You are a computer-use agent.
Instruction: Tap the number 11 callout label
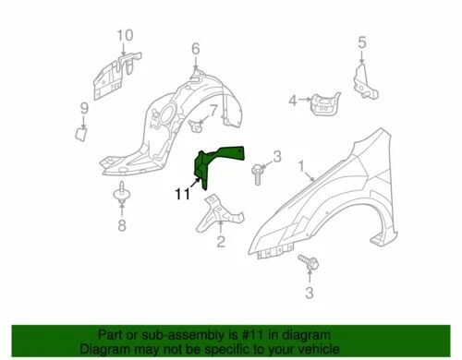point(183,194)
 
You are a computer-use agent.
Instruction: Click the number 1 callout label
point(300,165)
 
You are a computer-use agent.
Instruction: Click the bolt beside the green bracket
point(256,169)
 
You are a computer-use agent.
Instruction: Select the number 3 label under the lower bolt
point(310,294)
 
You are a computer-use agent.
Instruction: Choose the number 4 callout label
point(292,101)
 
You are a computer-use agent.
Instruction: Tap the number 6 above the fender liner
point(195,48)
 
